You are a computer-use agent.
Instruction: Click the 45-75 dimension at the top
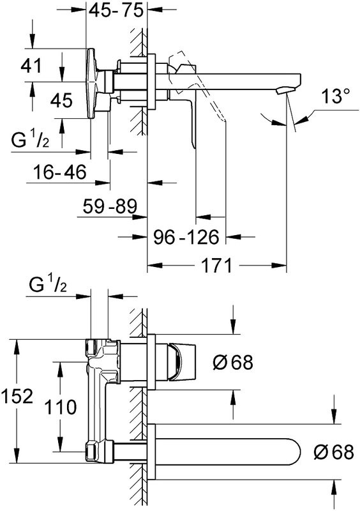coord(116,10)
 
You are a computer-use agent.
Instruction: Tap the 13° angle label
coord(336,96)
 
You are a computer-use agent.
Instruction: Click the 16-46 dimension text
coord(60,172)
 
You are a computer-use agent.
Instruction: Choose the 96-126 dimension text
coord(186,237)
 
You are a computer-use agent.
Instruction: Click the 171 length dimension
coord(216,265)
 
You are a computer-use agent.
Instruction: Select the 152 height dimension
coord(17,396)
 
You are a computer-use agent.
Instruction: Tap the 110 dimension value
coord(60,407)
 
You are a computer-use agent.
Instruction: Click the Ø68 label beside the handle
coord(233,362)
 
